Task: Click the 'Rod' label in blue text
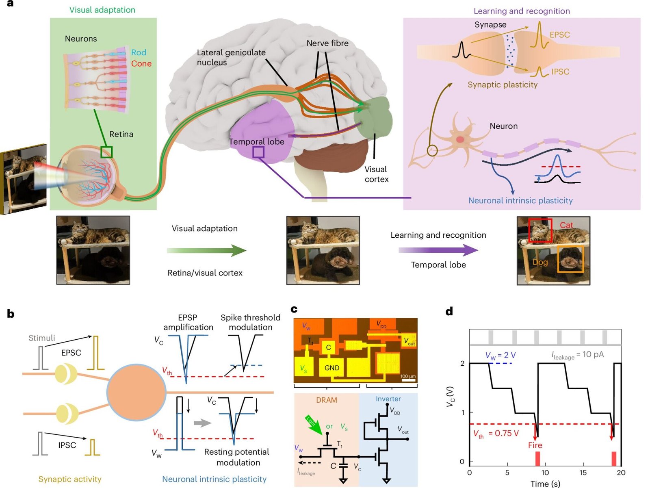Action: [139, 52]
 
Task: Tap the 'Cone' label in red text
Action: [141, 64]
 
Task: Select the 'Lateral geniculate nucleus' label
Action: [231, 57]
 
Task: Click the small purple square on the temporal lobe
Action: [258, 152]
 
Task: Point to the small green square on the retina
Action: [106, 152]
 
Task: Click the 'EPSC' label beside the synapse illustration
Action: [559, 35]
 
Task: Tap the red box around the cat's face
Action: [540, 230]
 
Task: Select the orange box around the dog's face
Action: [570, 259]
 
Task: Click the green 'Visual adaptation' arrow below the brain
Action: [206, 250]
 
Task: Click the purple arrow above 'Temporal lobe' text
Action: [438, 250]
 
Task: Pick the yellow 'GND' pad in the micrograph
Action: [331, 368]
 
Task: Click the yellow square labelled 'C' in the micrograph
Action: [328, 347]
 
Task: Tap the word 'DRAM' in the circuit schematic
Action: [326, 400]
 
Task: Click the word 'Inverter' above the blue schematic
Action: [388, 399]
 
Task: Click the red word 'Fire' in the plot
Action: [535, 445]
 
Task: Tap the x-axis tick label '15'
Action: [583, 473]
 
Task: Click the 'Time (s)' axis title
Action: [545, 484]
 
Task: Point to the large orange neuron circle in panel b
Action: [136, 392]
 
